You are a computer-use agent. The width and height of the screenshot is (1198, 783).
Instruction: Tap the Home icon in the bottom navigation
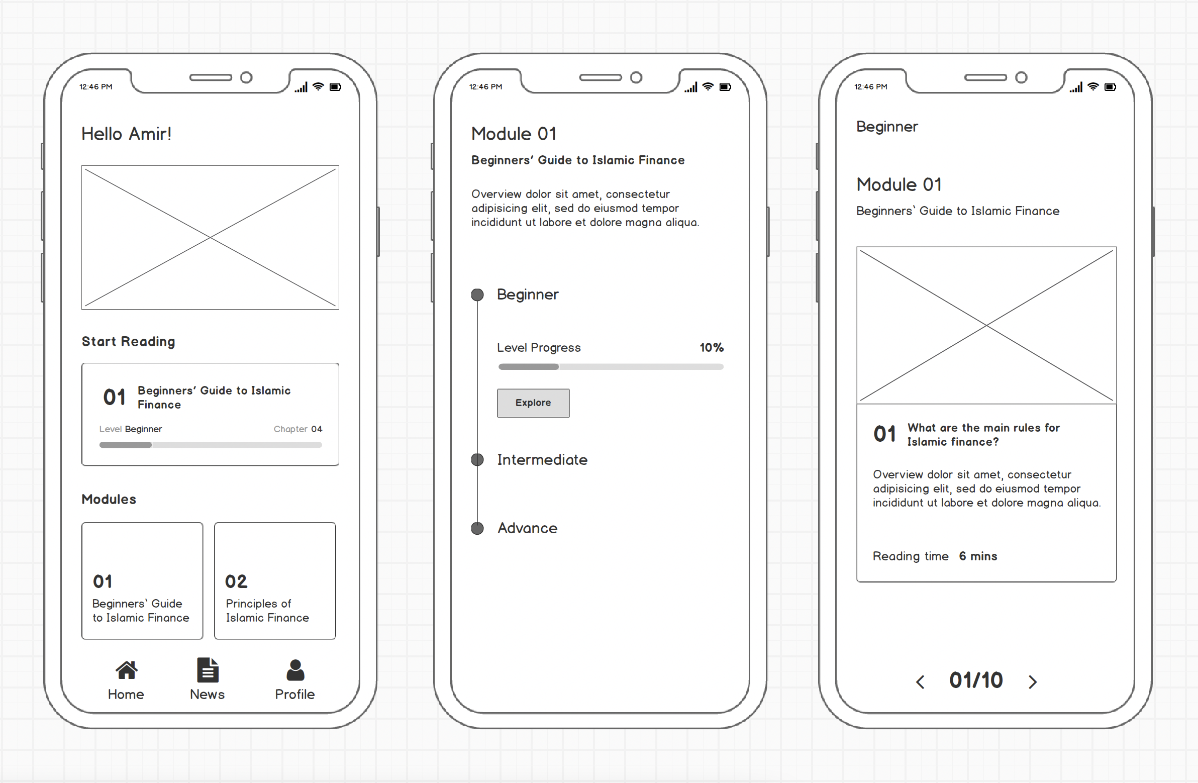[126, 670]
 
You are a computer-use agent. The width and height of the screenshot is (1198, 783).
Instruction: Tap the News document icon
[208, 670]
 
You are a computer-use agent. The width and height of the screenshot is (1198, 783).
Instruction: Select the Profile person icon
[295, 671]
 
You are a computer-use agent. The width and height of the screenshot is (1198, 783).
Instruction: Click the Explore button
[533, 403]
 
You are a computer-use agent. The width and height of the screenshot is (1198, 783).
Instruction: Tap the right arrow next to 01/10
[1033, 682]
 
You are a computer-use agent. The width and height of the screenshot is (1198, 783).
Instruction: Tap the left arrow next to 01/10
[920, 682]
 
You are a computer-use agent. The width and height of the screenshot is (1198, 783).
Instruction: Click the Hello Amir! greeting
[126, 134]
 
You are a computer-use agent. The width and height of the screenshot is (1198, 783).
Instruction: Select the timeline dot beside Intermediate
[477, 459]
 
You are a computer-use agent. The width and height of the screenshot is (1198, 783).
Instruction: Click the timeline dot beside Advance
[477, 528]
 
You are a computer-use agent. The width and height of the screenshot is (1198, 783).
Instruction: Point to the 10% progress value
[711, 347]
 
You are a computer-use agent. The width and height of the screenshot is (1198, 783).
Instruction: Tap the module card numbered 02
[275, 580]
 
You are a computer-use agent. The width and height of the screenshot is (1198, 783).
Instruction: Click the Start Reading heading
[128, 341]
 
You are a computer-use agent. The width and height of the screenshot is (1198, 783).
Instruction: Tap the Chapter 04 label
[298, 429]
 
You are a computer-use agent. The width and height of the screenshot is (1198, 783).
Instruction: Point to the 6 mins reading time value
[978, 556]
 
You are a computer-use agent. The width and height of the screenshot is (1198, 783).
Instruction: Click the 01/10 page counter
[976, 680]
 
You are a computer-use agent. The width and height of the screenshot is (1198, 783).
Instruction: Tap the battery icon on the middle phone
[725, 87]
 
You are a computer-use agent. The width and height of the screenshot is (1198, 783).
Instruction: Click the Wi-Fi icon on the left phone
[318, 86]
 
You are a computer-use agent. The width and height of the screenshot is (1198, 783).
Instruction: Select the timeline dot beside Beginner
[477, 295]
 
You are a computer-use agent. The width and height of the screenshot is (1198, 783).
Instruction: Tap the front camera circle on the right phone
[1021, 77]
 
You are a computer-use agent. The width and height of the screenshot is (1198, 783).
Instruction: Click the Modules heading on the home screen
[109, 499]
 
